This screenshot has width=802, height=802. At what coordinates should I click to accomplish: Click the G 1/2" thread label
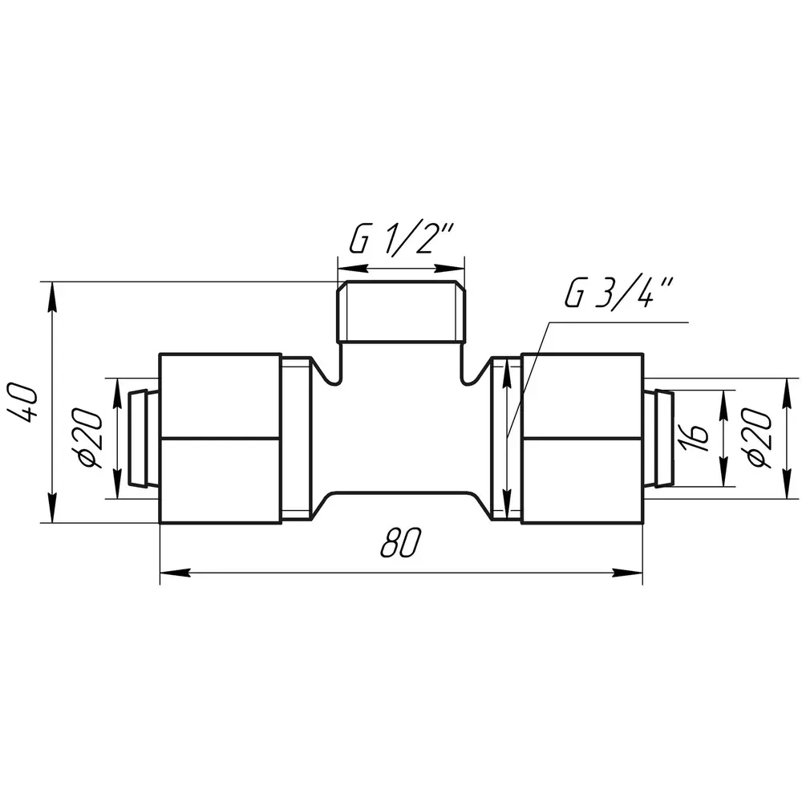tap(401, 238)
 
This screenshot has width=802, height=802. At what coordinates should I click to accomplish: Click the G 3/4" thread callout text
tap(619, 293)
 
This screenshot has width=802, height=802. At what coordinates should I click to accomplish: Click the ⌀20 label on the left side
tap(91, 439)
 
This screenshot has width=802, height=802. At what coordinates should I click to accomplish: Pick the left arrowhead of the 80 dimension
tap(175, 573)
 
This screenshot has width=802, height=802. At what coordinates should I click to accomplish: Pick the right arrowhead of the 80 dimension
tap(628, 573)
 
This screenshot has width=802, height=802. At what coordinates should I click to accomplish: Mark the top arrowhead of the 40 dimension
tap(51, 297)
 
